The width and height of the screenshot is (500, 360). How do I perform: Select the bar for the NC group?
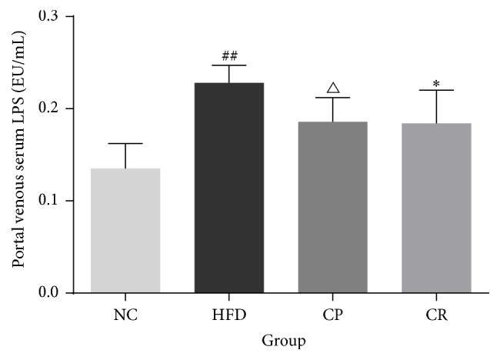pos(125,230)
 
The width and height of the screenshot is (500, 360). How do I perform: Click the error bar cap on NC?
pos(125,143)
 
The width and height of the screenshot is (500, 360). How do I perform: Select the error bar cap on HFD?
pos(228,65)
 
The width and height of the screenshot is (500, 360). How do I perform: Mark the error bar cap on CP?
pos(332,98)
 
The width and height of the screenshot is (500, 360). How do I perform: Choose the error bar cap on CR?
pos(435,90)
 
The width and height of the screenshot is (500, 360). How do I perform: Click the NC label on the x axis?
pos(125,314)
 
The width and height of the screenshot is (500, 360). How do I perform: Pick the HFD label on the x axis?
pos(228,314)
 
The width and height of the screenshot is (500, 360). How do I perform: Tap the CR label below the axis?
pos(435,314)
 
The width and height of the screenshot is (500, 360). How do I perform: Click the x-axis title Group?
pos(282,340)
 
